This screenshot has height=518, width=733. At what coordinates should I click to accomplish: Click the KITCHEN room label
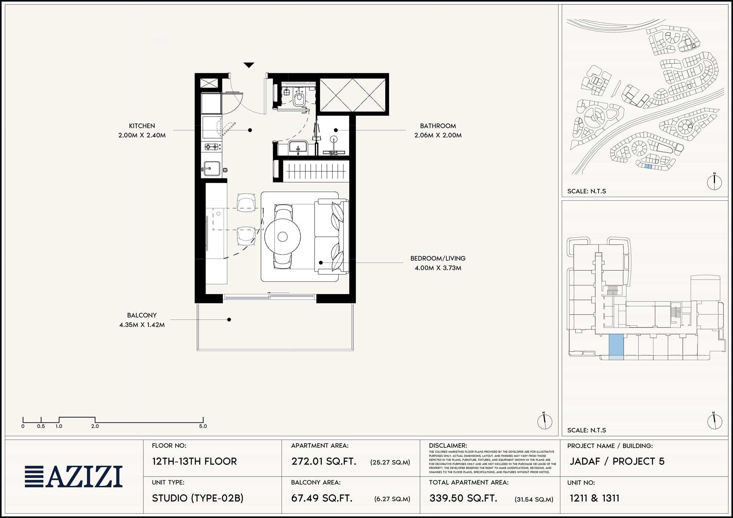click(142, 126)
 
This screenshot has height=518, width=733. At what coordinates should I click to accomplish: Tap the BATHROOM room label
click(438, 126)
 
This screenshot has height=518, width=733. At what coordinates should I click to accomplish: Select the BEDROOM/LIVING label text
click(438, 259)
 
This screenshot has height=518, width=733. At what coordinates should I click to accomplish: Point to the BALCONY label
click(142, 315)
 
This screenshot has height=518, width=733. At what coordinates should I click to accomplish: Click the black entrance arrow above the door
click(249, 65)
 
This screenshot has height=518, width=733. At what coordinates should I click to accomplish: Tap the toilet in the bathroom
click(299, 99)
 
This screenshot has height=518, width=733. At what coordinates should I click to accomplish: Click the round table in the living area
click(283, 237)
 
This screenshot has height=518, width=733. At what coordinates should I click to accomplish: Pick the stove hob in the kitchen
click(212, 147)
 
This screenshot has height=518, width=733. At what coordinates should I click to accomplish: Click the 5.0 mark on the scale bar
click(203, 426)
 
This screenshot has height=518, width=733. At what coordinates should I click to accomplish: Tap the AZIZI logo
click(74, 477)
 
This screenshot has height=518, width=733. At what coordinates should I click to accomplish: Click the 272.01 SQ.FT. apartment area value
click(324, 462)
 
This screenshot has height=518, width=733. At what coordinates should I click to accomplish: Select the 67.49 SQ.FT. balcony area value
click(322, 498)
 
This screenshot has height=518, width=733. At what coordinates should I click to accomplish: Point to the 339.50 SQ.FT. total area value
click(463, 498)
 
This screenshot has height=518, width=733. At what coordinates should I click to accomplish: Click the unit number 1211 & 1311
click(594, 498)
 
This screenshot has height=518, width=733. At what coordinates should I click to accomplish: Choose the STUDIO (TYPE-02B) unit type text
click(198, 498)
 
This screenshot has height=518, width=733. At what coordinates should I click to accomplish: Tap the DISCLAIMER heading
click(448, 446)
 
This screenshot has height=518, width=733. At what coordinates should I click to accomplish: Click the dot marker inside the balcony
click(229, 320)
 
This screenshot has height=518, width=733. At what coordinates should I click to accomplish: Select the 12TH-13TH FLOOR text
click(195, 462)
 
